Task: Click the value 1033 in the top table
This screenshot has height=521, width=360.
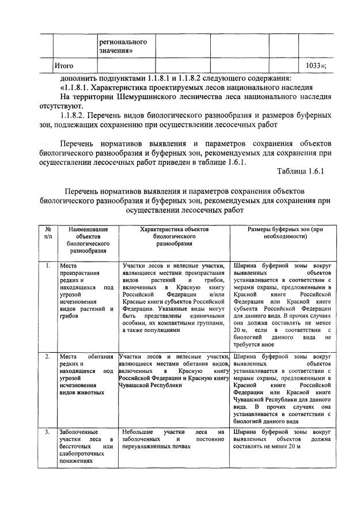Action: point(314,66)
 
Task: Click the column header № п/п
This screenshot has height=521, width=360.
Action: point(48,233)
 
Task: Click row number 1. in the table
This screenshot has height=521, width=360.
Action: point(47,266)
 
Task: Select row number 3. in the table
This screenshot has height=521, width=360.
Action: point(47,431)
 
